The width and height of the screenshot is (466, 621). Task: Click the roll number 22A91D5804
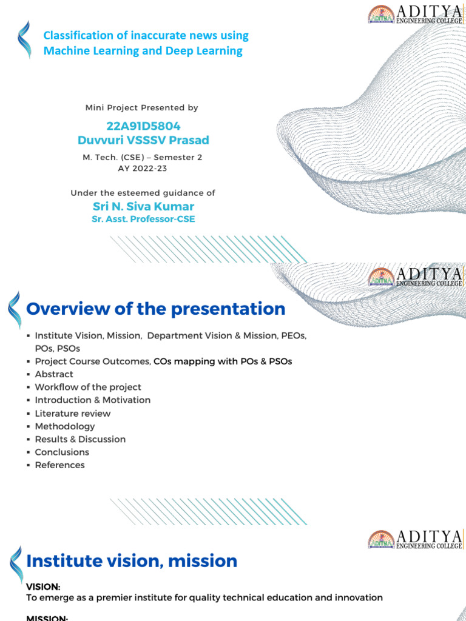(x=143, y=126)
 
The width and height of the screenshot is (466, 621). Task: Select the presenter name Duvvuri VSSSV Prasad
(x=143, y=140)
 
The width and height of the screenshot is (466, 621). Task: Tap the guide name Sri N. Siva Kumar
(x=143, y=206)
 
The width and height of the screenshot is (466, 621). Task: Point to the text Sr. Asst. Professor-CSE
(x=143, y=219)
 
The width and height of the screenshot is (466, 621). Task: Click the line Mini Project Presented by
(x=142, y=107)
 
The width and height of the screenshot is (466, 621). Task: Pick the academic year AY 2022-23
(x=143, y=169)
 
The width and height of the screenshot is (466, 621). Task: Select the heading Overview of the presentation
(x=155, y=309)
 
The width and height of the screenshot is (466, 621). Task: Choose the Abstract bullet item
(x=54, y=374)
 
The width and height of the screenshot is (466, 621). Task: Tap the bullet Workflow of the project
(x=88, y=387)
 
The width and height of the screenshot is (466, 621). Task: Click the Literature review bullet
(x=73, y=413)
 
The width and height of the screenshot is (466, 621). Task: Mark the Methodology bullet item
(x=65, y=426)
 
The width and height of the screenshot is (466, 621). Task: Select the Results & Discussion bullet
(x=80, y=439)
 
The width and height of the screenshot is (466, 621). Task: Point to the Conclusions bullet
(x=62, y=452)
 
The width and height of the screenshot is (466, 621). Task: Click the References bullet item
(x=59, y=465)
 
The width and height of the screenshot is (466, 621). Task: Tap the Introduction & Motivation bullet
(x=92, y=400)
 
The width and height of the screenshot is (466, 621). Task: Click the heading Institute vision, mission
(x=132, y=561)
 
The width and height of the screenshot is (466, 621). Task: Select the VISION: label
(x=43, y=587)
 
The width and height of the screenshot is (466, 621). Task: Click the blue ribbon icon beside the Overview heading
(x=14, y=310)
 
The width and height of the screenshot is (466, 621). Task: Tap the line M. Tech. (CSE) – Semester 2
(x=143, y=158)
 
